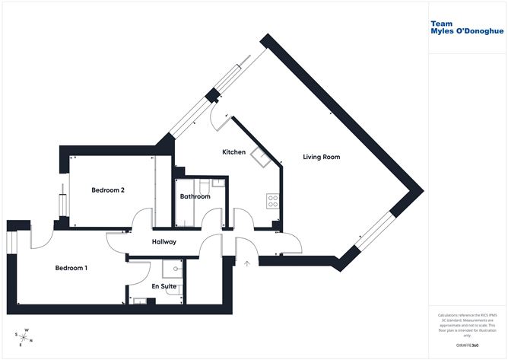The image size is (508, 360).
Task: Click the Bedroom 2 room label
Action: pyautogui.click(x=108, y=190)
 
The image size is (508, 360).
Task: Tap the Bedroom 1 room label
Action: pyautogui.click(x=71, y=268)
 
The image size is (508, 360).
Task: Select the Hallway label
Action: pyautogui.click(x=164, y=242)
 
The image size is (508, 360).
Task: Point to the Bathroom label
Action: pyautogui.click(x=195, y=196)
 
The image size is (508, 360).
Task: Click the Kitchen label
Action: pyautogui.click(x=233, y=152)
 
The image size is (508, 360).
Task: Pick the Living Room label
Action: pyautogui.click(x=321, y=157)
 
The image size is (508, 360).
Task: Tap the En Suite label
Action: pyautogui.click(x=164, y=286)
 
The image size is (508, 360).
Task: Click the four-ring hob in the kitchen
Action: pyautogui.click(x=271, y=201)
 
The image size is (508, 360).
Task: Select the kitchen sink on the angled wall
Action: pyautogui.click(x=259, y=159)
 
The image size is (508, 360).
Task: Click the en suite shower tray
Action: pyautogui.click(x=173, y=269)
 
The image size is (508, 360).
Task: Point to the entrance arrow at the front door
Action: pyautogui.click(x=247, y=264)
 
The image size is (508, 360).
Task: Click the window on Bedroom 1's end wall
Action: pyautogui.click(x=11, y=241)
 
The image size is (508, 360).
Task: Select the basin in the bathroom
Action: pyautogui.click(x=217, y=183)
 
